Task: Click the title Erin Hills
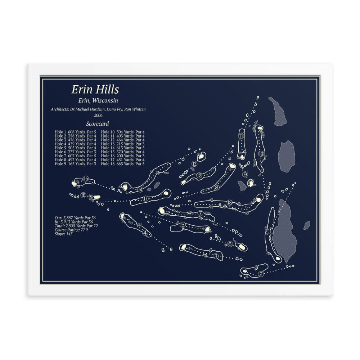[95, 89]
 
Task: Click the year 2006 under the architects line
[98, 115]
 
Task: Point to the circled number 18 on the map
[230, 203]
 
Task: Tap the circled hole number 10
[261, 154]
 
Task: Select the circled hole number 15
[86, 179]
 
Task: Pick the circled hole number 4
[145, 233]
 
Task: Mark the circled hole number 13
[194, 164]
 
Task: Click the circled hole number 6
[230, 244]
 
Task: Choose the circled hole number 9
[245, 174]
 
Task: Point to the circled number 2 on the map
[261, 274]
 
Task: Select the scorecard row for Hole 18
[123, 164]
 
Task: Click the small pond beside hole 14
[157, 185]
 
